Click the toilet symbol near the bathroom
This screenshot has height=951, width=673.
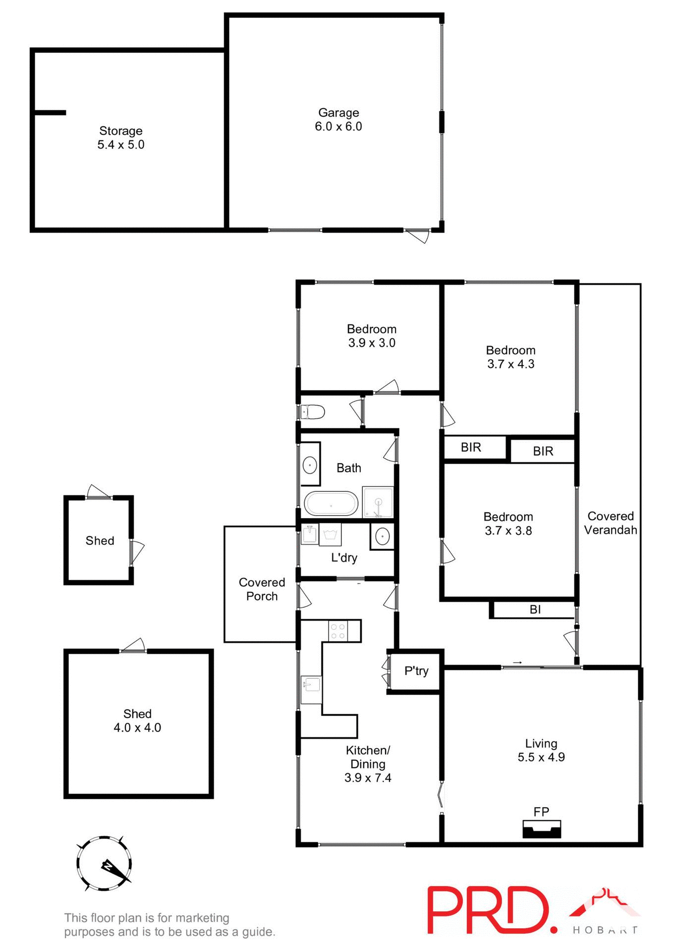point(313,412)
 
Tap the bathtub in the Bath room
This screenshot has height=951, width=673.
point(331,504)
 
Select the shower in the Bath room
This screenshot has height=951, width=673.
point(378,502)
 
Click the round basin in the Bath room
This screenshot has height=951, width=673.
point(310,466)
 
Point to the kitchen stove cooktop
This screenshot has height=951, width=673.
point(338,631)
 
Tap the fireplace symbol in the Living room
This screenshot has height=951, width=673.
point(542,829)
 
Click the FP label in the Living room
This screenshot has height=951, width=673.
point(541,811)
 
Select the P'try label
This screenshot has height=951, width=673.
point(416,671)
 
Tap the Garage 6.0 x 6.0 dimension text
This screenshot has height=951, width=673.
point(338,126)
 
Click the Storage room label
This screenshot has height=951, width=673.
point(121,131)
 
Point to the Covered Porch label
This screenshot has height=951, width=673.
point(262,589)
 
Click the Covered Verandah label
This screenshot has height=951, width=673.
point(611,523)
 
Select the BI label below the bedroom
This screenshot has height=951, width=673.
point(535,609)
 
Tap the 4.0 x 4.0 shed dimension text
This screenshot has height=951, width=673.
point(137,727)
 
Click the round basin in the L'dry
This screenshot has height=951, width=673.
point(382,537)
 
